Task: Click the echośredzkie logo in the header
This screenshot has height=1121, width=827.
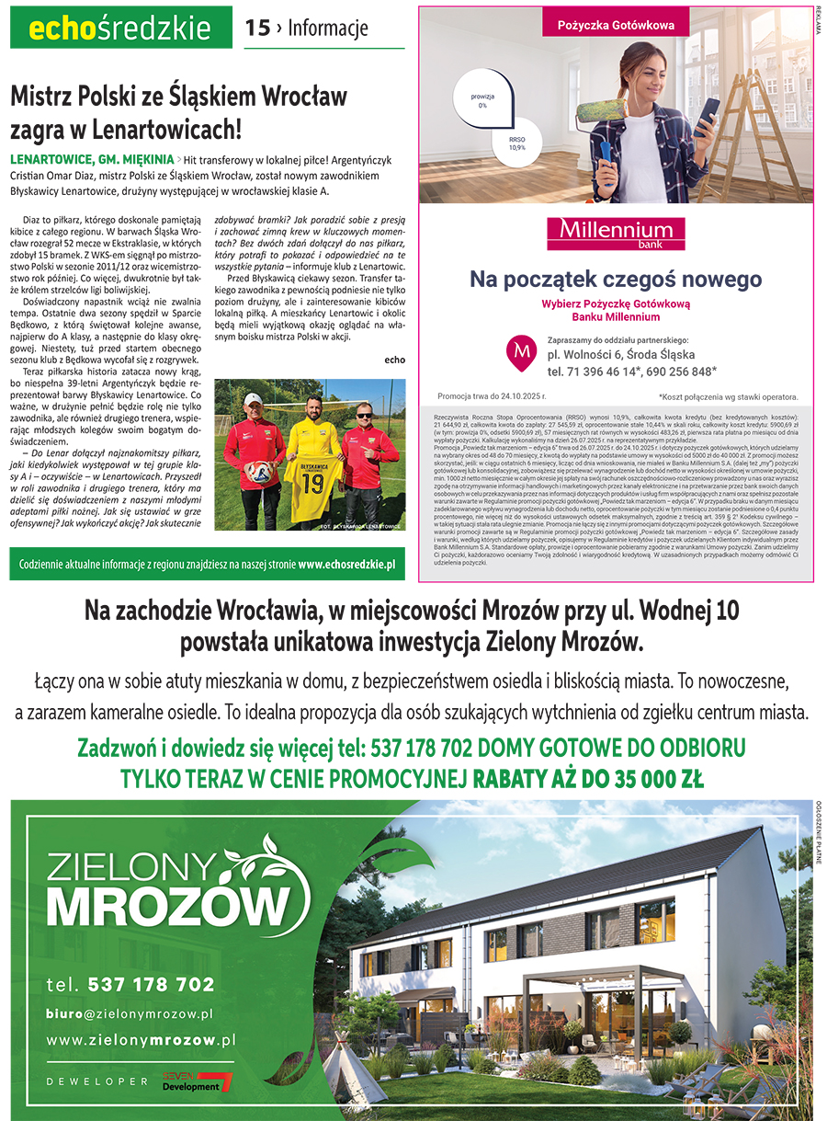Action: tap(120, 29)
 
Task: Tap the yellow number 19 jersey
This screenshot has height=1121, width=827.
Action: tap(315, 476)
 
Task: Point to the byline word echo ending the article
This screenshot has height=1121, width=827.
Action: tap(394, 360)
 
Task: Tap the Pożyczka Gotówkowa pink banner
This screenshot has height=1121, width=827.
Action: tap(616, 25)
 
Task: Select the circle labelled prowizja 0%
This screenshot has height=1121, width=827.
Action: tap(482, 100)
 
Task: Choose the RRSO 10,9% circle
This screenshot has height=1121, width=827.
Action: tap(517, 143)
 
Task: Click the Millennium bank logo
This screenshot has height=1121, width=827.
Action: tap(616, 233)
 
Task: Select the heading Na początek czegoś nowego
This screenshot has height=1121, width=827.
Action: tap(616, 278)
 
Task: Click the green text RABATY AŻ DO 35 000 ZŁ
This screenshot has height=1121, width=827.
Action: tap(588, 780)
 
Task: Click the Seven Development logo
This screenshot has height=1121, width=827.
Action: tap(198, 1082)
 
